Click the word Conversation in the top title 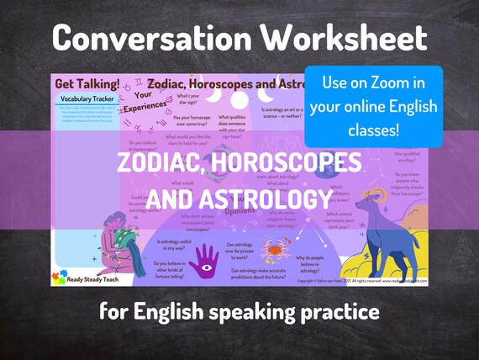(147, 39)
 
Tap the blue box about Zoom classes (373, 107)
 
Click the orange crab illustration (274, 250)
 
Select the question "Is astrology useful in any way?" (180, 245)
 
